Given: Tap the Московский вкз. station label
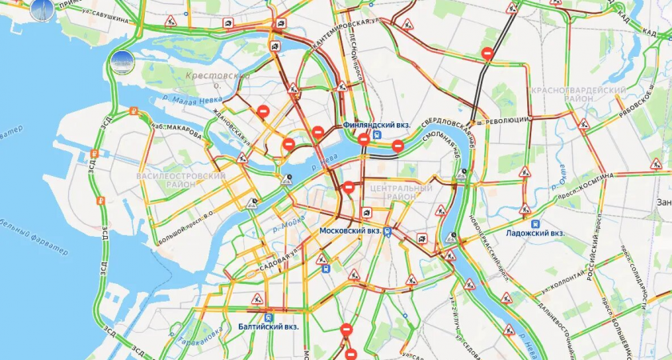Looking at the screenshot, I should [x=350, y=230].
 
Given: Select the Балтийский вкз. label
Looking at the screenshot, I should [x=268, y=326].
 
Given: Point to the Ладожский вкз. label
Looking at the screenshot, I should [x=535, y=234].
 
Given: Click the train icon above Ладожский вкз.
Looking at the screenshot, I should [x=535, y=223].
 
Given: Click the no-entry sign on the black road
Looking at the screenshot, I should [x=487, y=54].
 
